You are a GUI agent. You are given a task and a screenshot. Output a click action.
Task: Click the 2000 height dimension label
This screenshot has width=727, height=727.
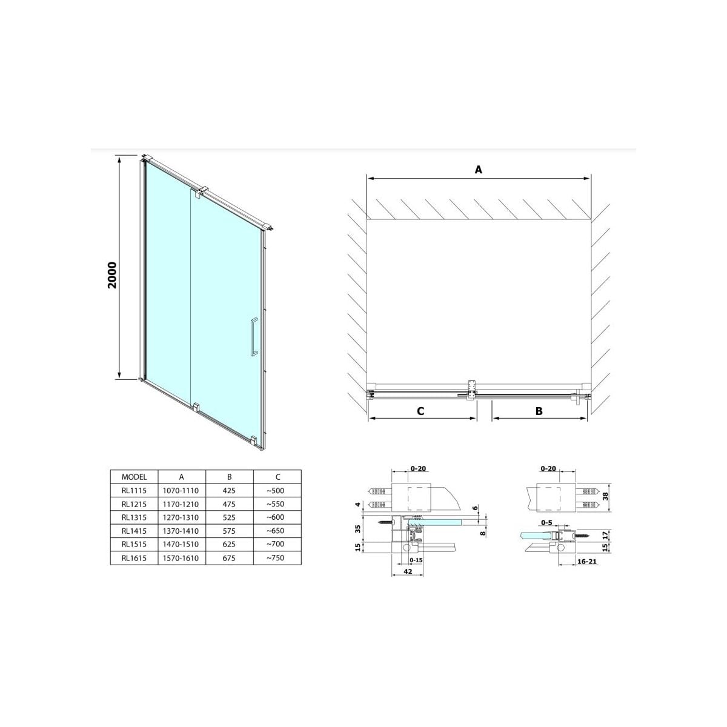(113, 275)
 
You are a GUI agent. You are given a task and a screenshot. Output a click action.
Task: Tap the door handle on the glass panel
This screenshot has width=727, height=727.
(253, 337)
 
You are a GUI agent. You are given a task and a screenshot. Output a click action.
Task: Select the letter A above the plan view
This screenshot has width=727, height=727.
(478, 170)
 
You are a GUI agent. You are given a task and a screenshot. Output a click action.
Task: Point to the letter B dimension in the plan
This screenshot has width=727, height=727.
(539, 411)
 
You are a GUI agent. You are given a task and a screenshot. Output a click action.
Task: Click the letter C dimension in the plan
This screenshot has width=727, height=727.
(420, 411)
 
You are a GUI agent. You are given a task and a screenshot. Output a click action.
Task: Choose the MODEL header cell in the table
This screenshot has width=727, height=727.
(134, 477)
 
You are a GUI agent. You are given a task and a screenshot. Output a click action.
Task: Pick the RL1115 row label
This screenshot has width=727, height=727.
(134, 491)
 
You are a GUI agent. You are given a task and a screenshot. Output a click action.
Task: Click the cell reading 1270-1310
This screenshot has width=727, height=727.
(181, 517)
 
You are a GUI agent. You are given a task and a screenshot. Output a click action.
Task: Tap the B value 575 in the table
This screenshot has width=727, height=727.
(229, 531)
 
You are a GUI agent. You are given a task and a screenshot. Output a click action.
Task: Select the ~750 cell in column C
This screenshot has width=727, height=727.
(276, 557)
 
